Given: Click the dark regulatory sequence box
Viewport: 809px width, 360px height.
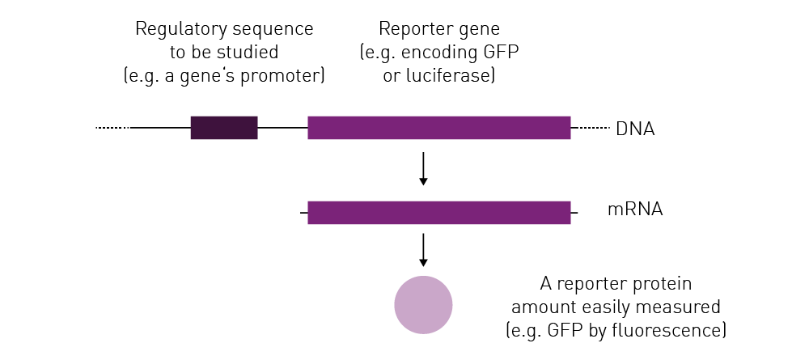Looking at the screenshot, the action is [224, 127].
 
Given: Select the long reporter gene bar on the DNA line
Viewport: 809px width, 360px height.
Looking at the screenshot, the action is [439, 127].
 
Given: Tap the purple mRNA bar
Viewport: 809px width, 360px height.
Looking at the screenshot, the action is [439, 213].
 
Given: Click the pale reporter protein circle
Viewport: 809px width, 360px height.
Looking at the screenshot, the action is [423, 305].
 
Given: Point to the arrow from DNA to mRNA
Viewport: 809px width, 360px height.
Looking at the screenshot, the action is [423, 168].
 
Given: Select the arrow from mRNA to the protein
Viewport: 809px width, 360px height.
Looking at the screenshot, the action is [423, 250].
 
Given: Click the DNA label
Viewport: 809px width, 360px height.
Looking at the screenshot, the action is [635, 129].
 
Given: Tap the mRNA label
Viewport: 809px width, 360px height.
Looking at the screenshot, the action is [635, 210].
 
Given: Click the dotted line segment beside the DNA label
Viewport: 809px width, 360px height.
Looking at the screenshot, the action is [591, 127].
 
